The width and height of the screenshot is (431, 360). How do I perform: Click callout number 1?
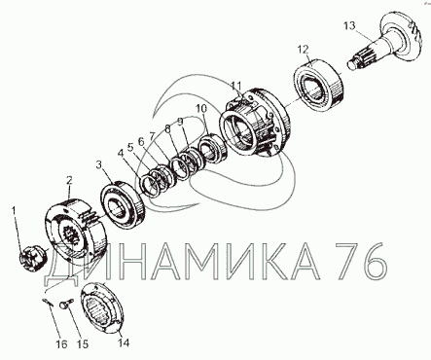(14, 211)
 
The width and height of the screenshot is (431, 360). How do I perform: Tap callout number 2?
(70, 181)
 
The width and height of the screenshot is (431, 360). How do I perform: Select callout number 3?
(99, 165)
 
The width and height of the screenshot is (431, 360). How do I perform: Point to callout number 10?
(200, 109)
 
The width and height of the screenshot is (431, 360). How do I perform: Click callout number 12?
(303, 50)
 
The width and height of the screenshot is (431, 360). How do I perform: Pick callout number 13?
(349, 25)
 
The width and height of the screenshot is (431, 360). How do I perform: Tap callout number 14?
(124, 342)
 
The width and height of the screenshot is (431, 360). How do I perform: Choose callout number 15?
(83, 344)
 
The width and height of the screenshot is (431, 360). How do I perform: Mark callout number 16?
(61, 344)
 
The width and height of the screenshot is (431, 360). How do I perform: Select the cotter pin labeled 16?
(49, 303)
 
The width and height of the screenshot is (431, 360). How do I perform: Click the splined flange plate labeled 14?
(102, 308)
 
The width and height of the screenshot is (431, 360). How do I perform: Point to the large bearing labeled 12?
(319, 86)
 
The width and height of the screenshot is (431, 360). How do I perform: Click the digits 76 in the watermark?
(361, 261)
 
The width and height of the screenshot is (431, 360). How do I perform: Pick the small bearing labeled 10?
(210, 149)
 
